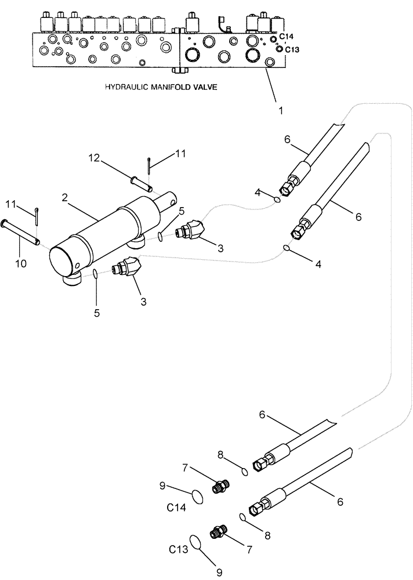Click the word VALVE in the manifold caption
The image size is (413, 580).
202,87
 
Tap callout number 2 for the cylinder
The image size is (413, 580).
66,197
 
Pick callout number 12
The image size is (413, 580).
94,158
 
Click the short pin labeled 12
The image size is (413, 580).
140,183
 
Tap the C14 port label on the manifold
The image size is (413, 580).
286,37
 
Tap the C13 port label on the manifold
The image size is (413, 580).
292,49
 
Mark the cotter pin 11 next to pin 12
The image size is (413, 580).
149,165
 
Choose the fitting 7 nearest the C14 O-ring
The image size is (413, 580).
220,487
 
